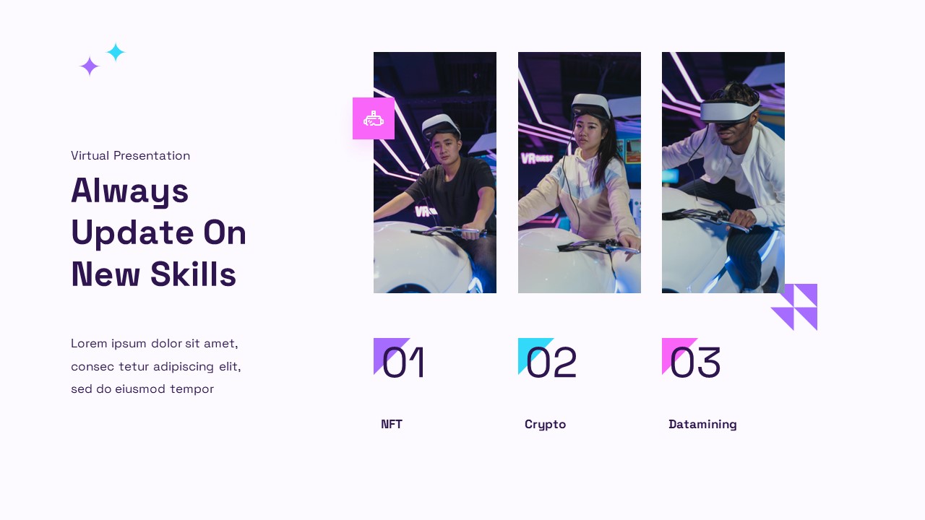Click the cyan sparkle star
coord(116,52)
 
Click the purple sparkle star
coord(89,66)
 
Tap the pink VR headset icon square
coord(374,118)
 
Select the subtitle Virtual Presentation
coord(130,155)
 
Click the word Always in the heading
coord(130,191)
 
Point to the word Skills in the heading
coord(194,274)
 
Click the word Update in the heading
coord(132,233)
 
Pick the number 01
coord(403,363)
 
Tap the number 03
coord(694,363)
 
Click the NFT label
coord(392,424)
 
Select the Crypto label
coord(545,424)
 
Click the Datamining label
coord(702,424)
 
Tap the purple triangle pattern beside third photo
coord(794,307)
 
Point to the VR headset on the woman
coord(590,105)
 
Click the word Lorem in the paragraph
coord(89,343)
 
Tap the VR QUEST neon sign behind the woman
coord(537,157)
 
